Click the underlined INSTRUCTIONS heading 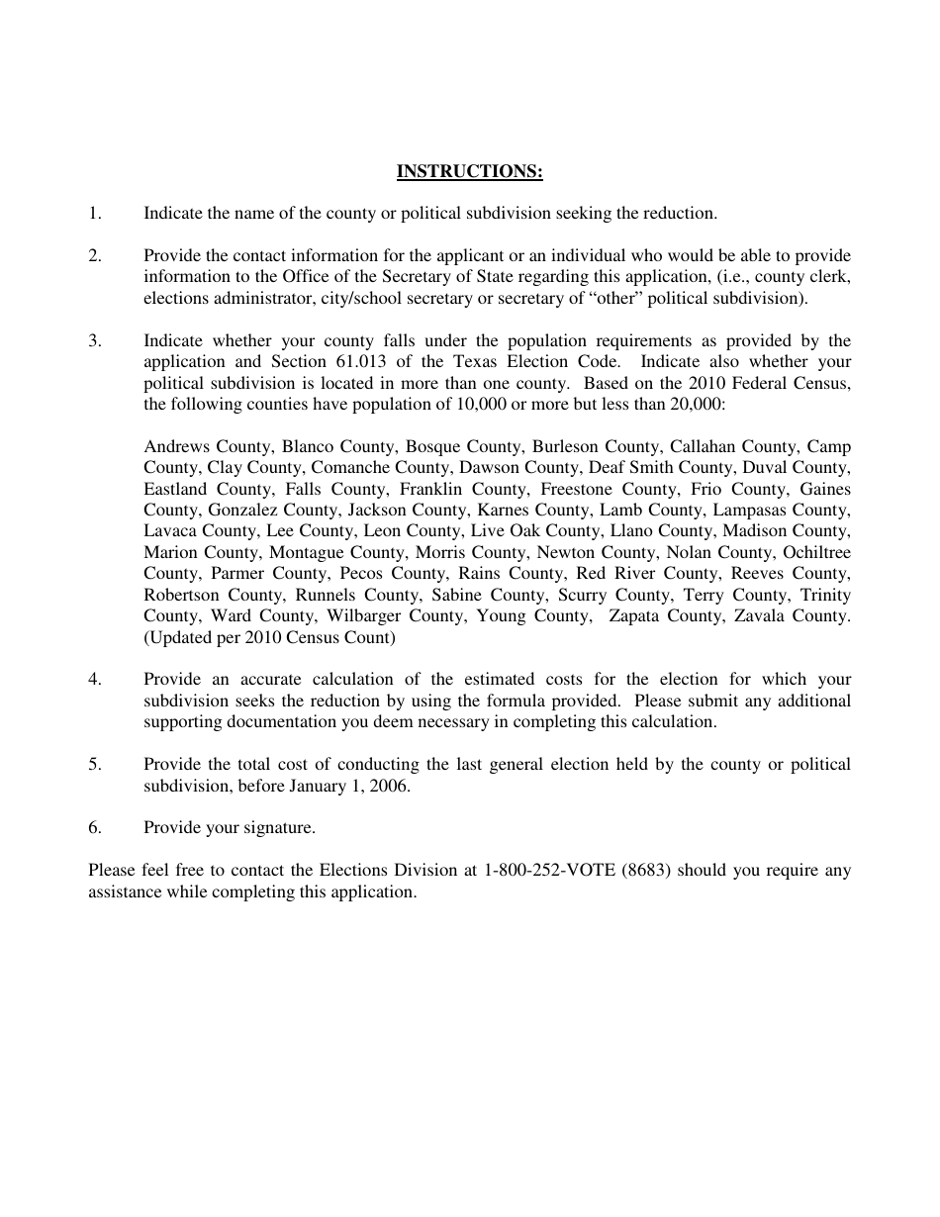(x=469, y=172)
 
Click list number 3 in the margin (x=95, y=340)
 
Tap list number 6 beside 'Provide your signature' (x=95, y=828)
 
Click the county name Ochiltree (x=816, y=552)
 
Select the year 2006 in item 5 (x=390, y=787)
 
